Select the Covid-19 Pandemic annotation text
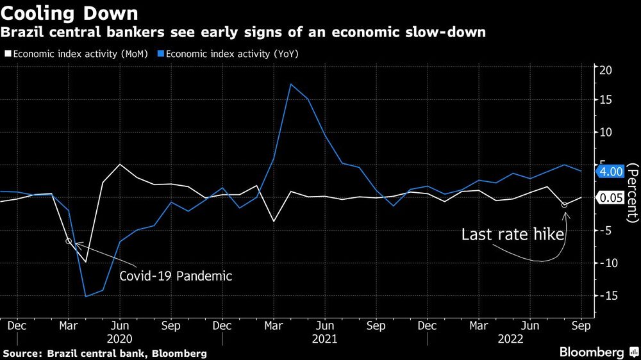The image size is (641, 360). [175, 276]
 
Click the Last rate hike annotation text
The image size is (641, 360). [513, 234]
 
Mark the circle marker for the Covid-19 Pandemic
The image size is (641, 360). [69, 241]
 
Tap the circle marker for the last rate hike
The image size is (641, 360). [564, 204]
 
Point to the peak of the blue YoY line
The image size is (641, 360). [291, 84]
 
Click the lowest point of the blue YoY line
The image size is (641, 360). [86, 296]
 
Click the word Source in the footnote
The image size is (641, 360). [20, 353]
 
